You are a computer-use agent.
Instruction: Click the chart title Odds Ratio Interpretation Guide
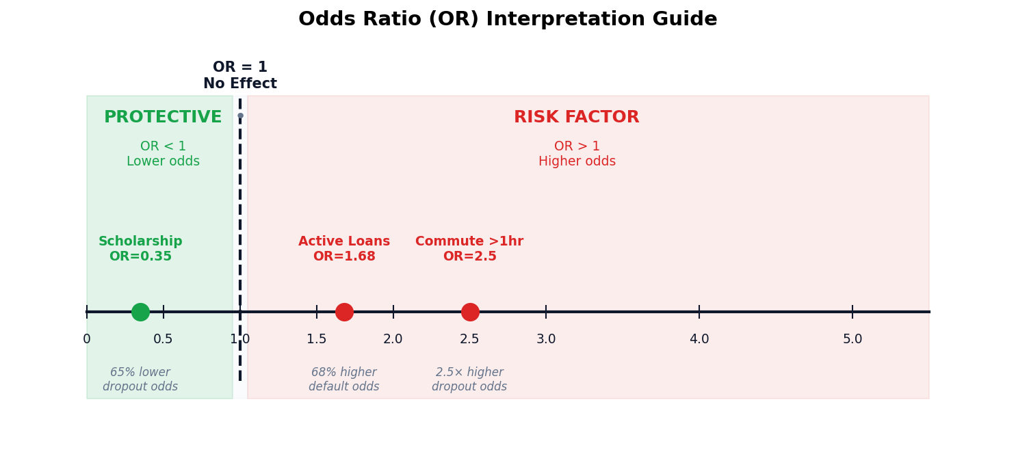[508, 19]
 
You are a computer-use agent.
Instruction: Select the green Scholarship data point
[140, 312]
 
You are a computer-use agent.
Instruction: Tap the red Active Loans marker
[344, 312]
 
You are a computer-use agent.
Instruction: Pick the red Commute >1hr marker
[470, 312]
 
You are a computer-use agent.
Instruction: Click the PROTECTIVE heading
[163, 118]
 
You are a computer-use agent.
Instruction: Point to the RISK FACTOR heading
[576, 118]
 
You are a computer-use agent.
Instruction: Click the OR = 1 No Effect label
[240, 76]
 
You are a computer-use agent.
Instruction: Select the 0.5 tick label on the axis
[163, 339]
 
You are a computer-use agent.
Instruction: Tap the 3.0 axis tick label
[546, 339]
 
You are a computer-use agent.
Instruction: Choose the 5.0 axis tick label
[852, 339]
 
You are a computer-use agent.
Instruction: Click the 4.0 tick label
[699, 339]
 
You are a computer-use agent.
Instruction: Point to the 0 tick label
[87, 339]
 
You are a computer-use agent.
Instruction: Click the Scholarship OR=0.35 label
[140, 249]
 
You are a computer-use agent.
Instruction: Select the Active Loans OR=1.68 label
[344, 249]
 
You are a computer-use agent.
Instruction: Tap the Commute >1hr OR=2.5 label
[469, 249]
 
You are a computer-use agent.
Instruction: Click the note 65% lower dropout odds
[140, 380]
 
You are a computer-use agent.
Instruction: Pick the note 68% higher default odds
[343, 380]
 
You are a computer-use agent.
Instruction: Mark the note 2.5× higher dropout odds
[469, 380]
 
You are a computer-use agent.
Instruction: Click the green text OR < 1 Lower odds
[163, 154]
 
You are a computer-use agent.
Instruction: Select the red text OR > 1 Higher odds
[577, 154]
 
